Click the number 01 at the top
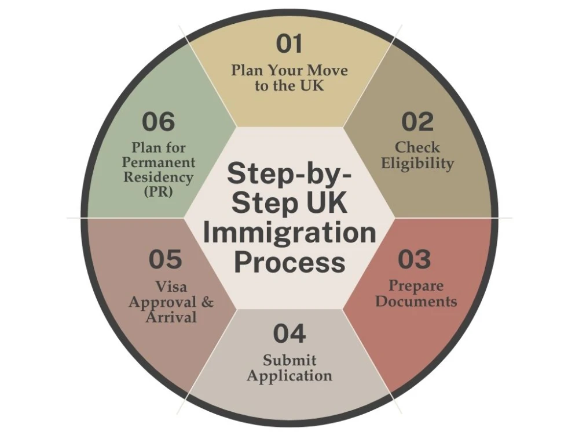tap(289, 43)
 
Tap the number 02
tap(417, 122)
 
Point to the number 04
tap(289, 333)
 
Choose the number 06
tap(159, 122)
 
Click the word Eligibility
tap(417, 164)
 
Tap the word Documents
tap(416, 301)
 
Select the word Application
tap(289, 376)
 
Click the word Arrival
tap(171, 317)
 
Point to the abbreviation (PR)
tap(159, 191)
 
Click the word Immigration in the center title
tap(289, 233)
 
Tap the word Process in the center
tap(289, 262)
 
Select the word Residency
tap(159, 177)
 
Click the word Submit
tap(289, 360)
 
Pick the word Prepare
tap(416, 286)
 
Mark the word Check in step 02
tap(417, 147)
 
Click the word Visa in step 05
tap(171, 287)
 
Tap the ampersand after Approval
tap(207, 302)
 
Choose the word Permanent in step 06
tap(159, 162)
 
